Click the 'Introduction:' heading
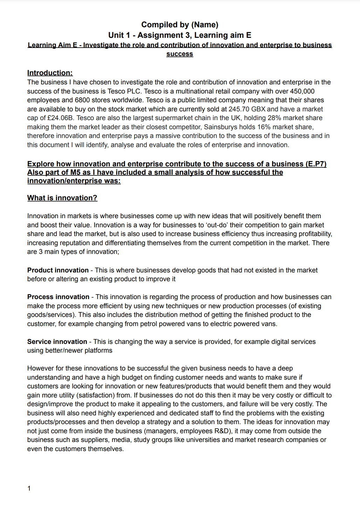[x=50, y=73]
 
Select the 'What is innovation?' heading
[x=62, y=198]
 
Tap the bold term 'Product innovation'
[x=58, y=270]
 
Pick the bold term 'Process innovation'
[x=58, y=297]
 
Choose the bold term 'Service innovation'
[x=57, y=341]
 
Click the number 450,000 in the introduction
[x=302, y=91]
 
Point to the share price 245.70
[x=239, y=109]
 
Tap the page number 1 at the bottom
[x=29, y=488]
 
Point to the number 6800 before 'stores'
[x=82, y=100]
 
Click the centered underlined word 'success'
[x=180, y=54]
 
